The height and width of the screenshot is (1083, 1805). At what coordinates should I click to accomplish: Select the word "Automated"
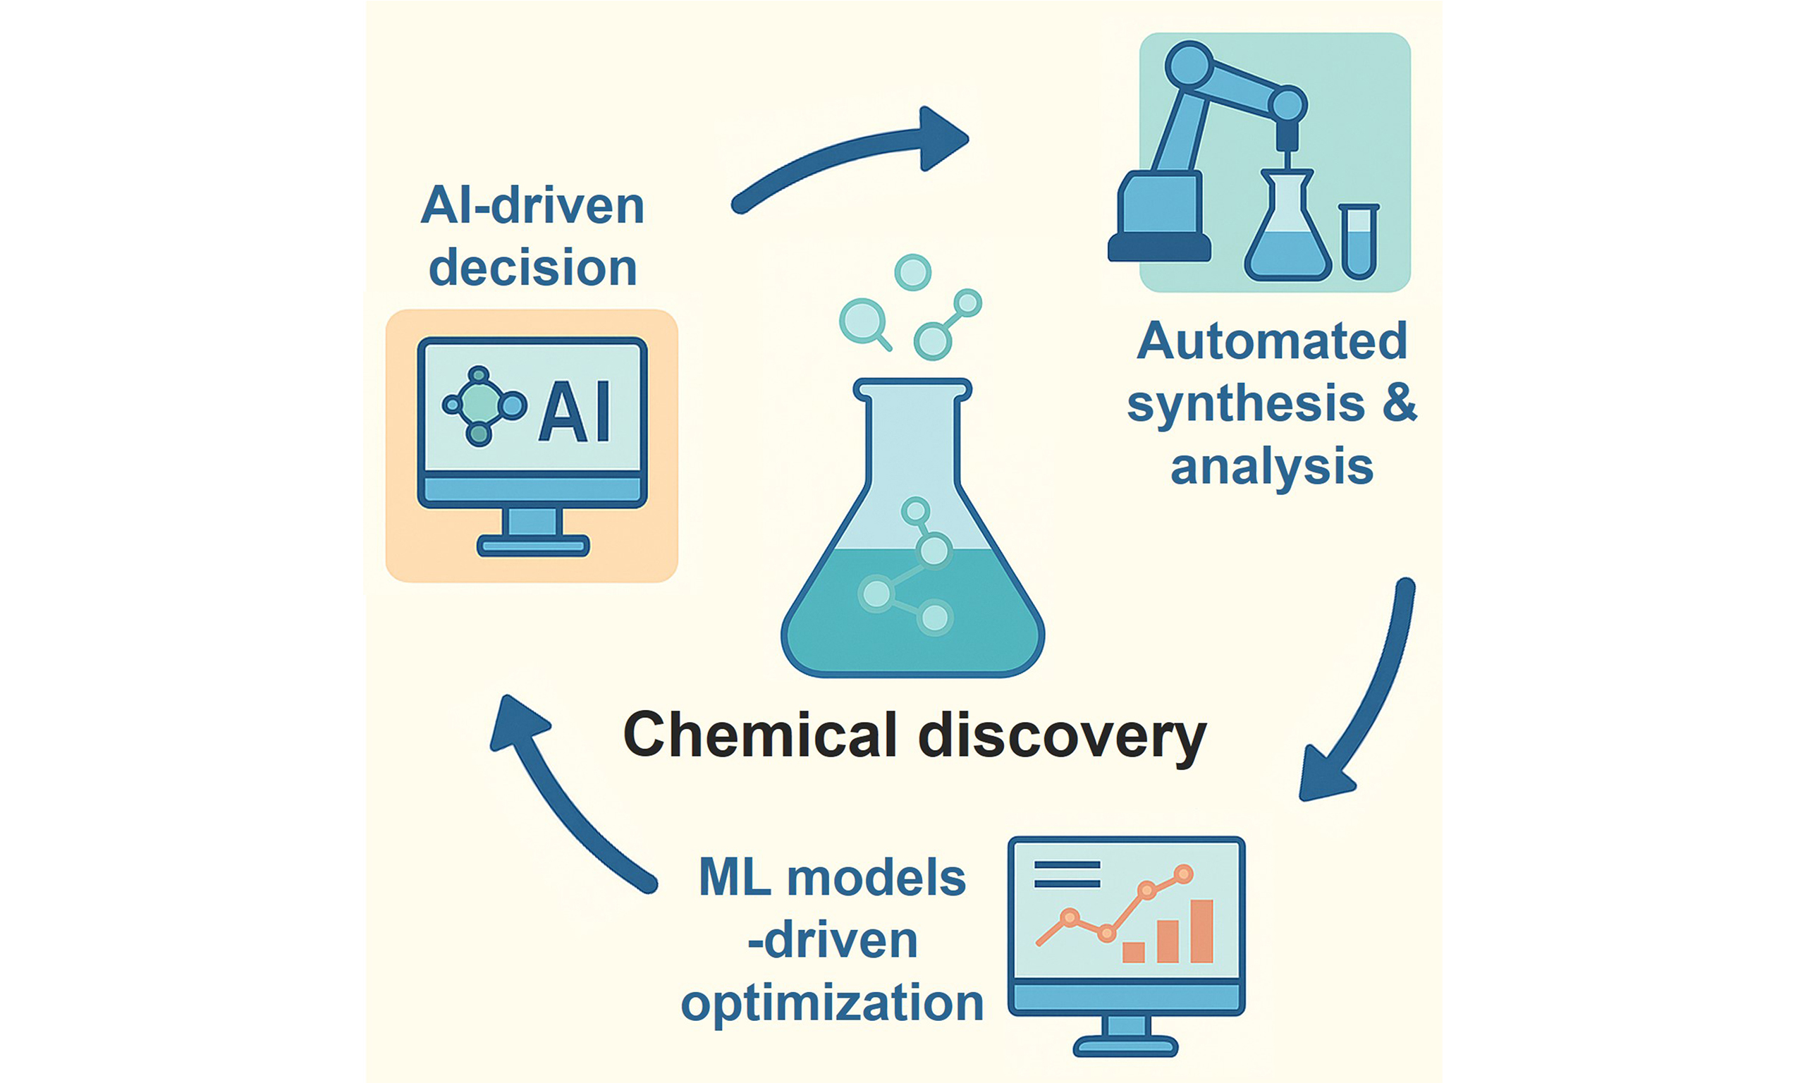pyautogui.click(x=1272, y=341)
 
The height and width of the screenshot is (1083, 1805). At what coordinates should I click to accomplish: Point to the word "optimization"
pyautogui.click(x=833, y=1003)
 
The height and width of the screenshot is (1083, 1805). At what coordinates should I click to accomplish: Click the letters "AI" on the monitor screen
pyautogui.click(x=574, y=412)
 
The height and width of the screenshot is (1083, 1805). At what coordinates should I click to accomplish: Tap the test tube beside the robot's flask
pyautogui.click(x=1359, y=241)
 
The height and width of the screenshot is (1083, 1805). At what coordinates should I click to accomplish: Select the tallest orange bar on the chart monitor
pyautogui.click(x=1201, y=931)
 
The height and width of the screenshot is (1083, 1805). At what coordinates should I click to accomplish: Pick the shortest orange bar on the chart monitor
pyautogui.click(x=1133, y=952)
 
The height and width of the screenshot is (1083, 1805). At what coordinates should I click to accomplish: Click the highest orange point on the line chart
pyautogui.click(x=1183, y=874)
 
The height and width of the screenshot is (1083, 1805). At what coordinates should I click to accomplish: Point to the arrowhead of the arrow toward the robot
pyautogui.click(x=943, y=139)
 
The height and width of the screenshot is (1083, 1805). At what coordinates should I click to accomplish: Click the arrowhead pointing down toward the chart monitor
pyautogui.click(x=1326, y=775)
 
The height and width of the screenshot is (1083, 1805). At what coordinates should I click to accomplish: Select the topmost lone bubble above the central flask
pyautogui.click(x=912, y=272)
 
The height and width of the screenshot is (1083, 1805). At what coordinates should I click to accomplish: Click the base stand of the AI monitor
pyautogui.click(x=532, y=545)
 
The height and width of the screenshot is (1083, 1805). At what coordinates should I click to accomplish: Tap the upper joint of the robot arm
pyautogui.click(x=1189, y=66)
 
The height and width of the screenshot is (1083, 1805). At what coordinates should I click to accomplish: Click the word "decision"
pyautogui.click(x=532, y=267)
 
